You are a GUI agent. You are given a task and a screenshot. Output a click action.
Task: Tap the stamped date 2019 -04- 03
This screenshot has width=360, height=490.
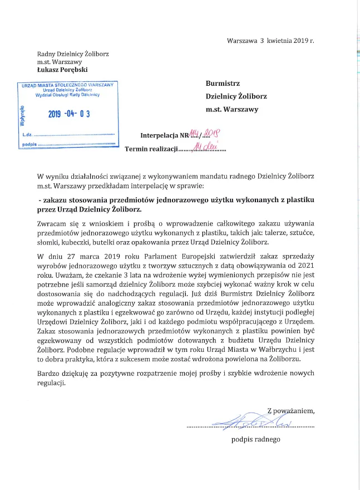(x=69, y=114)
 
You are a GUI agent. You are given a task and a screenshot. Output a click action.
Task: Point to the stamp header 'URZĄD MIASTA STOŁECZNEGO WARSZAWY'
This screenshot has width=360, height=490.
(x=67, y=85)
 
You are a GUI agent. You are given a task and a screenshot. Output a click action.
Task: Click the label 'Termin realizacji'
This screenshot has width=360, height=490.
(x=150, y=149)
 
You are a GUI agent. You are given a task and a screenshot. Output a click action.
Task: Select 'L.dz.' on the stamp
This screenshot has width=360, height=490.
(x=27, y=135)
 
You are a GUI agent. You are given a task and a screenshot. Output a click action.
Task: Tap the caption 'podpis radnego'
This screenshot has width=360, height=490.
(x=256, y=440)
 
